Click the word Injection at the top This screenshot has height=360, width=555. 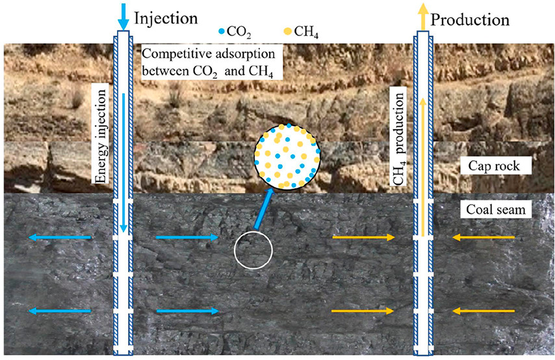pos(164,14)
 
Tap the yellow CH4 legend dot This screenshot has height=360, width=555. pos(289,31)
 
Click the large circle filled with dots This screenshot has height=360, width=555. pos(286,155)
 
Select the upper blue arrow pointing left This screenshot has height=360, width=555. pos(60,238)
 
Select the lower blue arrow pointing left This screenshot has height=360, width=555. pos(60,311)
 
